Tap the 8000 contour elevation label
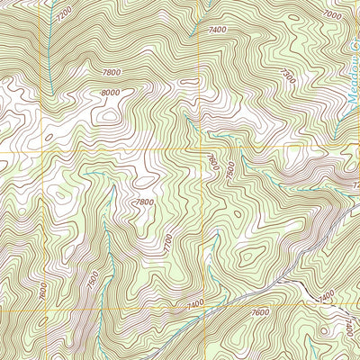coord(111,93)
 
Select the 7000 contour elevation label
coord(332,15)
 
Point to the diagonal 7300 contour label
coord(287,78)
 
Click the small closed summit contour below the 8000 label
coord(110,114)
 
